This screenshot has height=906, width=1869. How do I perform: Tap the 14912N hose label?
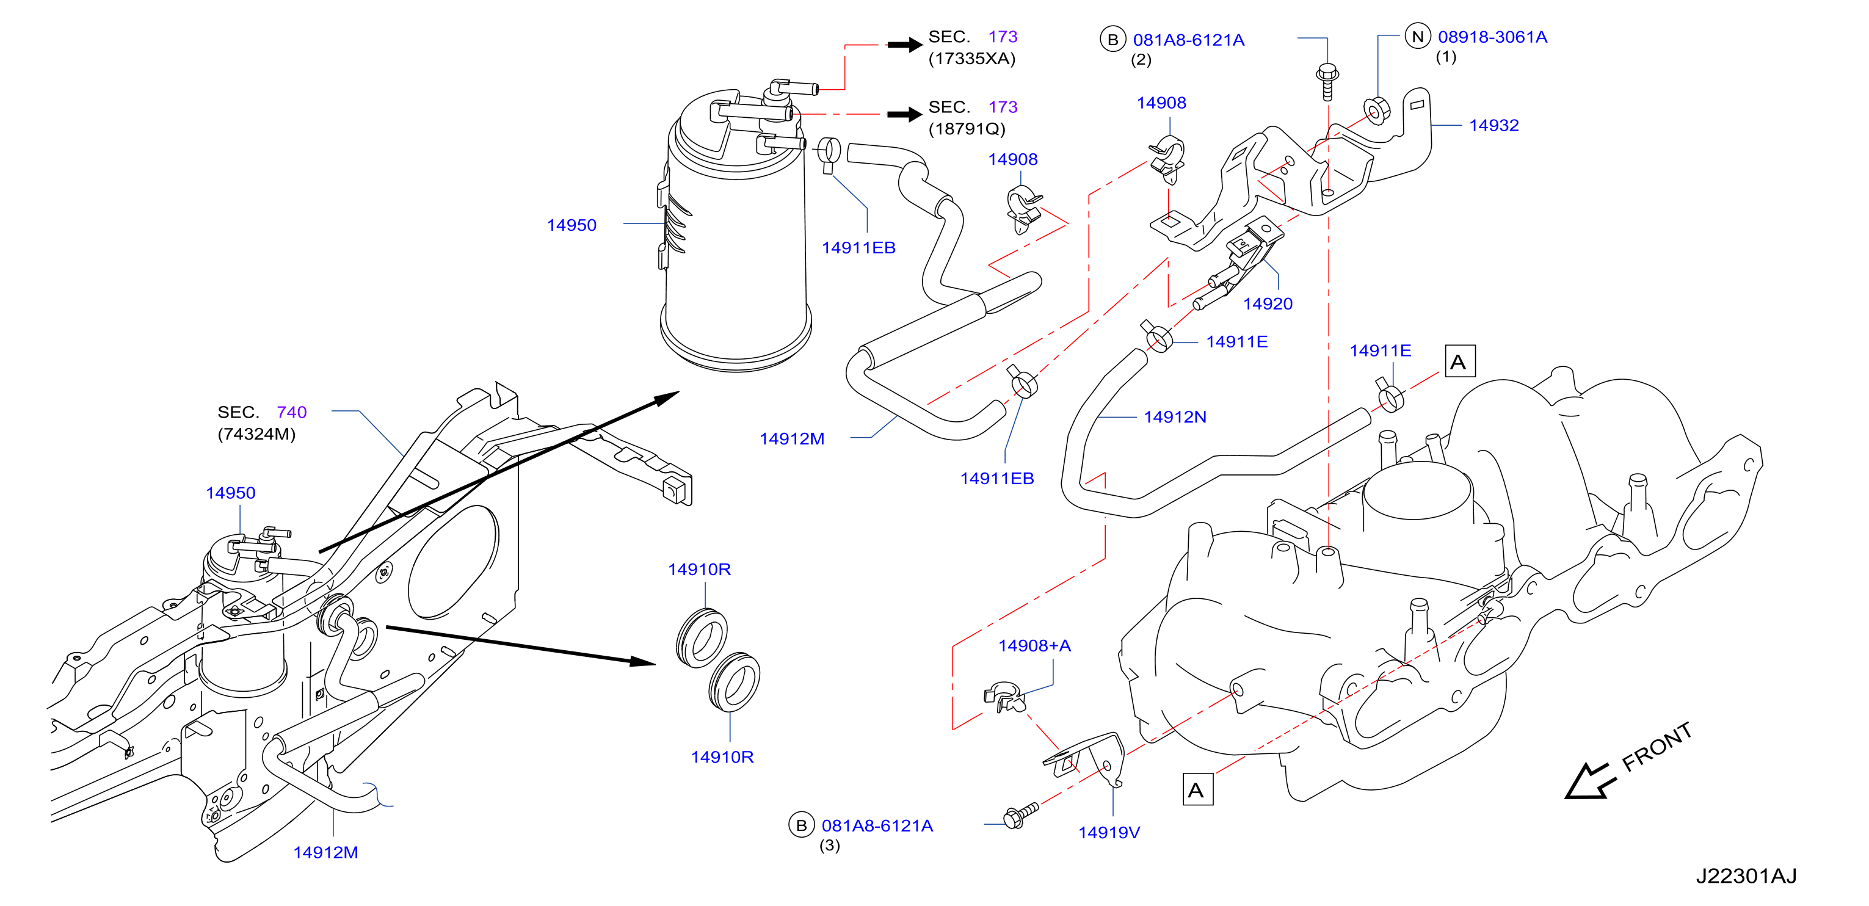tap(1175, 417)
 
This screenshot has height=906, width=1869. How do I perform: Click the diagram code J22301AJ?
tap(1745, 876)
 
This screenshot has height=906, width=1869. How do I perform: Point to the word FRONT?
tap(1657, 747)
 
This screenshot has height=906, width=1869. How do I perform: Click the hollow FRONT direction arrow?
tap(1590, 781)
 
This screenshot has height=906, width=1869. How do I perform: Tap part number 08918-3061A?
tap(1492, 37)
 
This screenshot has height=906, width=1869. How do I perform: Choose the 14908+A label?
tap(1034, 645)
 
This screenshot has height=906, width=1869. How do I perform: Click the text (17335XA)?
tap(971, 59)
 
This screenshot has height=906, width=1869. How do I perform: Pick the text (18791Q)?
tap(967, 129)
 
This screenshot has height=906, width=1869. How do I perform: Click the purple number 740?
tap(292, 413)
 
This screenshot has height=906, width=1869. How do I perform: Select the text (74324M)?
tap(256, 435)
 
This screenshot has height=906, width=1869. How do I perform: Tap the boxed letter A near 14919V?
tap(1196, 790)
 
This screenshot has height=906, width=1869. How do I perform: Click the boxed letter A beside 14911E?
tap(1459, 361)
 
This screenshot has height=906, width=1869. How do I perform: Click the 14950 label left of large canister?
tap(571, 226)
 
